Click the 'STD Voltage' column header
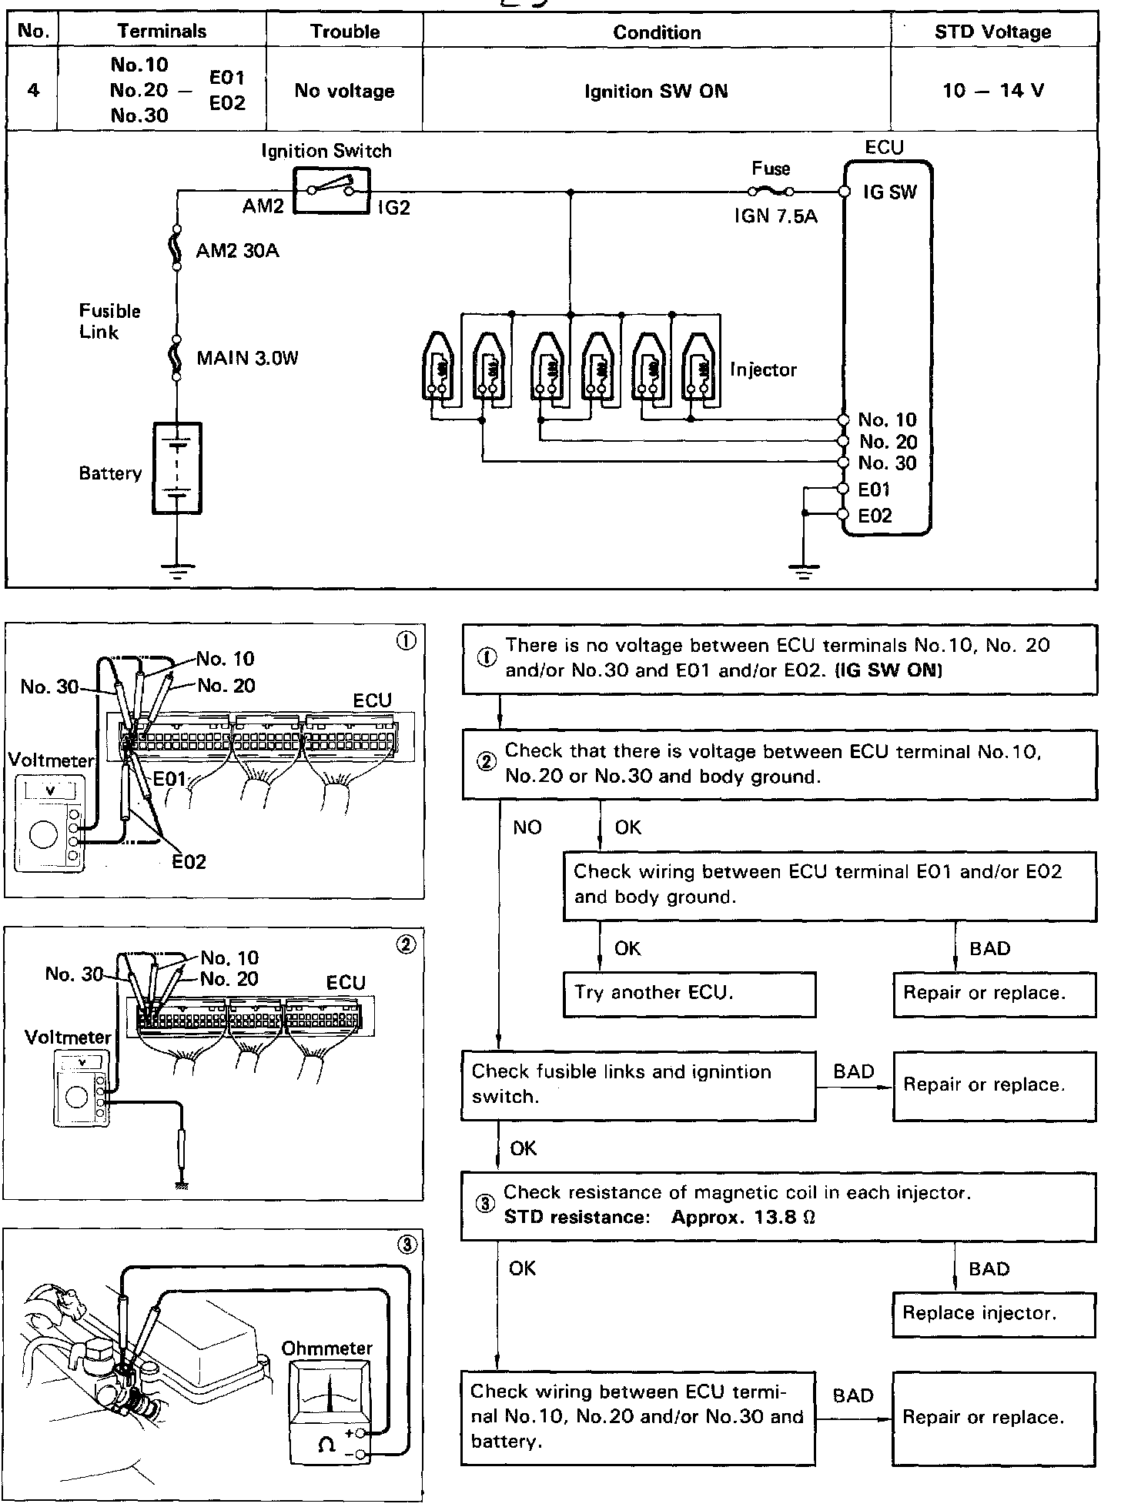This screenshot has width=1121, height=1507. [x=993, y=32]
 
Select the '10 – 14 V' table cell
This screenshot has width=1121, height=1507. [x=993, y=91]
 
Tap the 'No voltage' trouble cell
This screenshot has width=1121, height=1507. [x=344, y=91]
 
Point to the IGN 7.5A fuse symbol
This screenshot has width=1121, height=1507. [x=771, y=192]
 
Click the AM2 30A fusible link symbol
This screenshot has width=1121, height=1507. [x=177, y=248]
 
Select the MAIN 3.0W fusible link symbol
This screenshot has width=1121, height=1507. [x=177, y=358]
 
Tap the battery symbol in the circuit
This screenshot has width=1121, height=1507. [x=178, y=468]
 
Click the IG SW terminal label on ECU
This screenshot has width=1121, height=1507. [x=890, y=192]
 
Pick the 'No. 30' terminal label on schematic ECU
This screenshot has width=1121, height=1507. [x=888, y=463]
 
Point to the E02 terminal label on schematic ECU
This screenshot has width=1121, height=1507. [x=875, y=516]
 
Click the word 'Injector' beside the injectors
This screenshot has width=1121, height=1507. [x=763, y=370]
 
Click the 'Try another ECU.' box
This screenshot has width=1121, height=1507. [x=689, y=994]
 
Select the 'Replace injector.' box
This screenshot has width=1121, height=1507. [x=994, y=1315]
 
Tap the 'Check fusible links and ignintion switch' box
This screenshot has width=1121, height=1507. [x=637, y=1086]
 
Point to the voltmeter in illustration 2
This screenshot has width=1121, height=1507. [x=80, y=1088]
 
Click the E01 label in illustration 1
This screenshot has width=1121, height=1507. [x=169, y=780]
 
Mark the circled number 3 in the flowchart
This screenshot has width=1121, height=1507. [x=484, y=1205]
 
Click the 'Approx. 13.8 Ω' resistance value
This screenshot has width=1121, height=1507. [x=743, y=1218]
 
